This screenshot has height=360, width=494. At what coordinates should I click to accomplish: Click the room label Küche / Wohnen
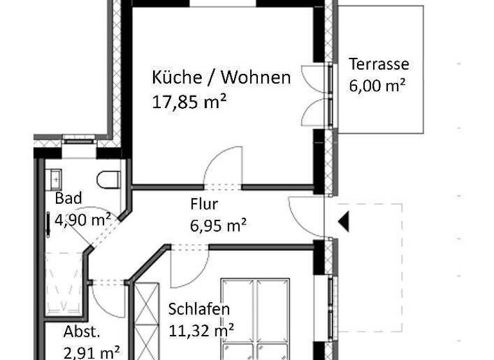coord(221,78)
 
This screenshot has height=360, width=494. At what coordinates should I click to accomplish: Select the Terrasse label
coord(379,64)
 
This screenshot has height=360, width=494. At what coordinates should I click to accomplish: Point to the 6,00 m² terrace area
coord(376,85)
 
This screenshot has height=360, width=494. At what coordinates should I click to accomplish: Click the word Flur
coord(205,205)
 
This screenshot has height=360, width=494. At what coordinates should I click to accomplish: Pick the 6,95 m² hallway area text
coord(219,225)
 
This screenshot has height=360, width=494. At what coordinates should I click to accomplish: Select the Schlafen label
coord(199,309)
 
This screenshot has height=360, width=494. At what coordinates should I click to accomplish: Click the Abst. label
coord(82,332)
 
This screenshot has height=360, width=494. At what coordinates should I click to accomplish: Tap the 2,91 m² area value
coord(92,352)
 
